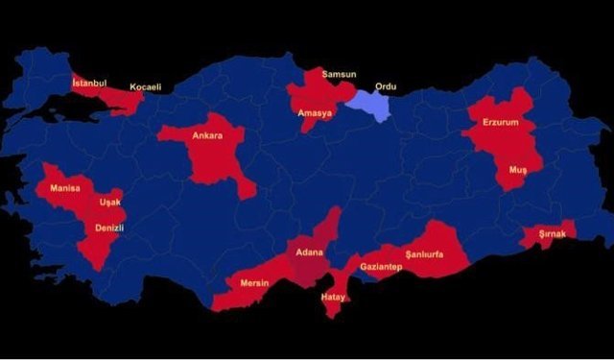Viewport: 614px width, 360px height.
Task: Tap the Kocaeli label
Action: (x=145, y=87)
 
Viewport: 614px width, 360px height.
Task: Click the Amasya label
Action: (x=315, y=113)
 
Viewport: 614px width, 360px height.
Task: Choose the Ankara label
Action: (x=207, y=135)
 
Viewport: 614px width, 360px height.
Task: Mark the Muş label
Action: (x=518, y=169)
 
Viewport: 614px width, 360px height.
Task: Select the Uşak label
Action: (x=109, y=203)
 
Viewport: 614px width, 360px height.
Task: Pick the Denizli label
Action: (x=109, y=228)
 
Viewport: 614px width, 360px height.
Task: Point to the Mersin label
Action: (x=255, y=283)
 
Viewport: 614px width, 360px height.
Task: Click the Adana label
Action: (x=309, y=253)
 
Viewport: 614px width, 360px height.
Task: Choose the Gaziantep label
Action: (x=380, y=266)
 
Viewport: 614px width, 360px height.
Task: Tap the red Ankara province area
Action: (x=213, y=158)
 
